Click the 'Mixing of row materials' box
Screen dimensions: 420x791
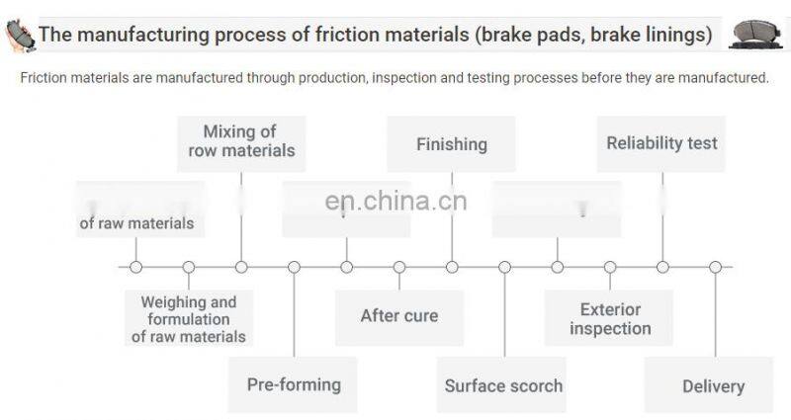point(241,142)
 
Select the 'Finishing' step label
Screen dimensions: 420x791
point(451,144)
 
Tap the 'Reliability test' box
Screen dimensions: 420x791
point(661,143)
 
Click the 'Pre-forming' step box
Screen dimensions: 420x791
point(294,384)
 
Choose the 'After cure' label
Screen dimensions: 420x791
point(398,316)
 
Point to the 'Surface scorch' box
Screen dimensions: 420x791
point(503,385)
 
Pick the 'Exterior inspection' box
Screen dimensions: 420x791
point(609,318)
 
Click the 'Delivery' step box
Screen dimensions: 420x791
point(713,386)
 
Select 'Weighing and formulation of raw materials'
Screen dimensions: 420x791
point(188,319)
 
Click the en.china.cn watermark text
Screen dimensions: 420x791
point(395,202)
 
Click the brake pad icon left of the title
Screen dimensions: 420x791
point(19,36)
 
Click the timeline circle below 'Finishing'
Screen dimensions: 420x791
point(452,267)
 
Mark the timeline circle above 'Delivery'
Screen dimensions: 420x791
point(715,267)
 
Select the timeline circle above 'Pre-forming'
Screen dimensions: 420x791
point(294,267)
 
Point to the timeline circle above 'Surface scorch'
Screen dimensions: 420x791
point(504,267)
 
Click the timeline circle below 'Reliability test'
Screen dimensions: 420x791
point(662,267)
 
